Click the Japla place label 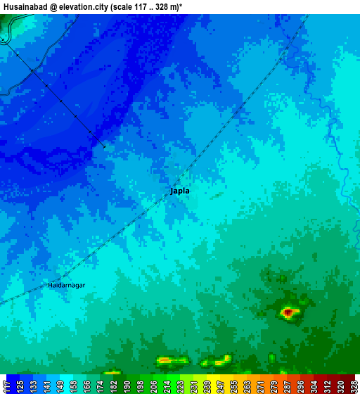point(180,191)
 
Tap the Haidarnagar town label point(67,285)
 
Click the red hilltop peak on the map point(288,311)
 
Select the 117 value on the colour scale point(6,386)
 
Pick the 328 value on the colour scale point(354,386)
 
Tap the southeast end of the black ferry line point(105,146)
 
